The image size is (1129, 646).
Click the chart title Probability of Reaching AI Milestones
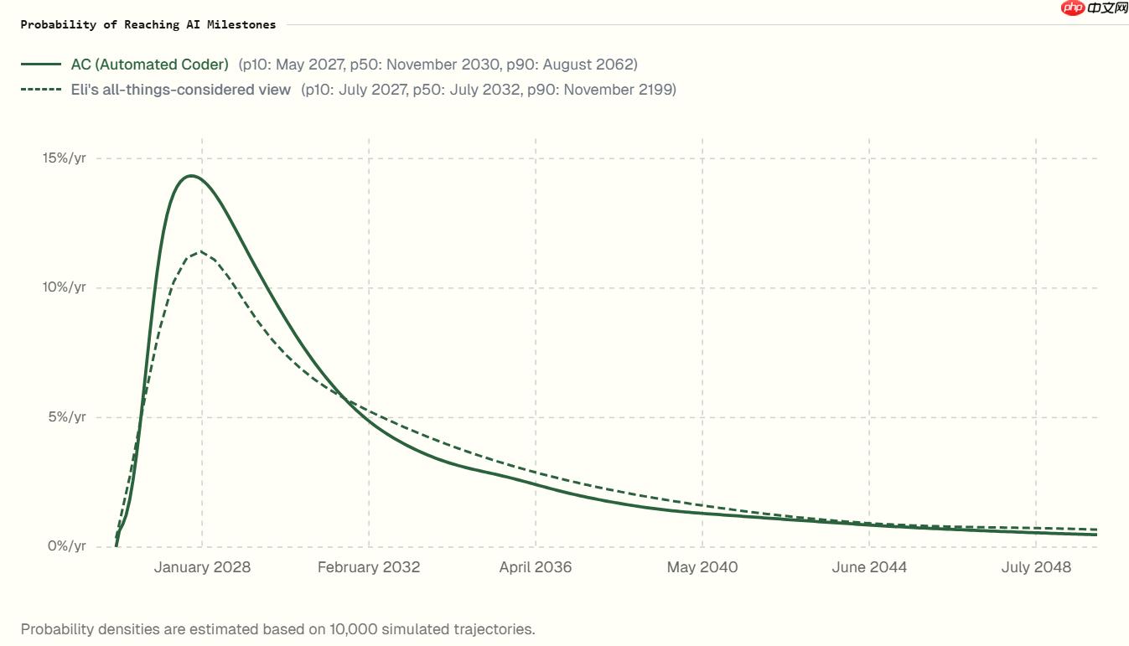pyautogui.click(x=148, y=24)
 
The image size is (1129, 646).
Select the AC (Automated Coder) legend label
pyautogui.click(x=150, y=65)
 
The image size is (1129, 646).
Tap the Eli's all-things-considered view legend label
pyautogui.click(x=181, y=90)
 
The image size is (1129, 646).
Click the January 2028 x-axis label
pyautogui.click(x=202, y=567)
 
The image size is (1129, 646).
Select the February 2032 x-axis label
pyautogui.click(x=369, y=567)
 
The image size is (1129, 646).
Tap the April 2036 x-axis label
pyautogui.click(x=536, y=567)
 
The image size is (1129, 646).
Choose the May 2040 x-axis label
pyautogui.click(x=702, y=567)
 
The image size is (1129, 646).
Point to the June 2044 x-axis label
pyautogui.click(x=869, y=567)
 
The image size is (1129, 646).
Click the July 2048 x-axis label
pyautogui.click(x=1036, y=567)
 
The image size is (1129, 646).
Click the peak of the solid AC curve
pyautogui.click(x=191, y=176)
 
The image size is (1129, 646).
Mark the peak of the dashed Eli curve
pyautogui.click(x=200, y=251)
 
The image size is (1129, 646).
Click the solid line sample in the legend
pyautogui.click(x=41, y=65)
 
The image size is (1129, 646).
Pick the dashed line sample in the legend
pyautogui.click(x=41, y=90)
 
